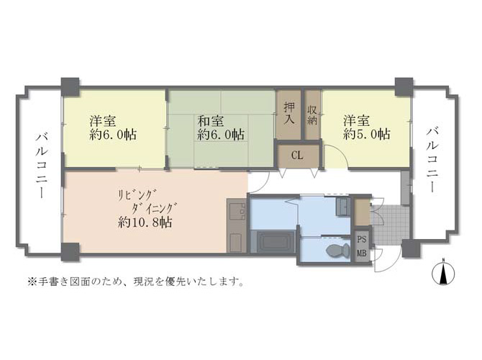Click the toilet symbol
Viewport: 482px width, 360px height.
pos(338,251)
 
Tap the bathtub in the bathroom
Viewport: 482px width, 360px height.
pos(273,242)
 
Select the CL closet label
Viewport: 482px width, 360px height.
pos(297,156)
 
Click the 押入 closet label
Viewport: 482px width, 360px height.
pos(289,113)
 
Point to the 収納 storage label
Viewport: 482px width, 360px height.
pos(312,114)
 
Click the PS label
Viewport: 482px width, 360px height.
pos(361,239)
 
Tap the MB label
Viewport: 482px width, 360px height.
pos(361,253)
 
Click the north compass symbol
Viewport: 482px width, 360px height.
pos(443,273)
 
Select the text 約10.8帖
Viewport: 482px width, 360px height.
pos(145,222)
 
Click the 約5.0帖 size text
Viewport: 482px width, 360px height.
pos(367,134)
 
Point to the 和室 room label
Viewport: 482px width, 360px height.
pos(211,121)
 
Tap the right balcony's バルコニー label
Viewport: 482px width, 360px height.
pos(432,160)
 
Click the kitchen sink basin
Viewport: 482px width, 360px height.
pos(237,210)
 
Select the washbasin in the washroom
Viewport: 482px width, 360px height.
pos(342,207)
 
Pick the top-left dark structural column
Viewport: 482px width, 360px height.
pos(70,87)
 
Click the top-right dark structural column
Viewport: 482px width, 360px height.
pos(404,87)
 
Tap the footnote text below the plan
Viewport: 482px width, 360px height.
pos(136,281)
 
